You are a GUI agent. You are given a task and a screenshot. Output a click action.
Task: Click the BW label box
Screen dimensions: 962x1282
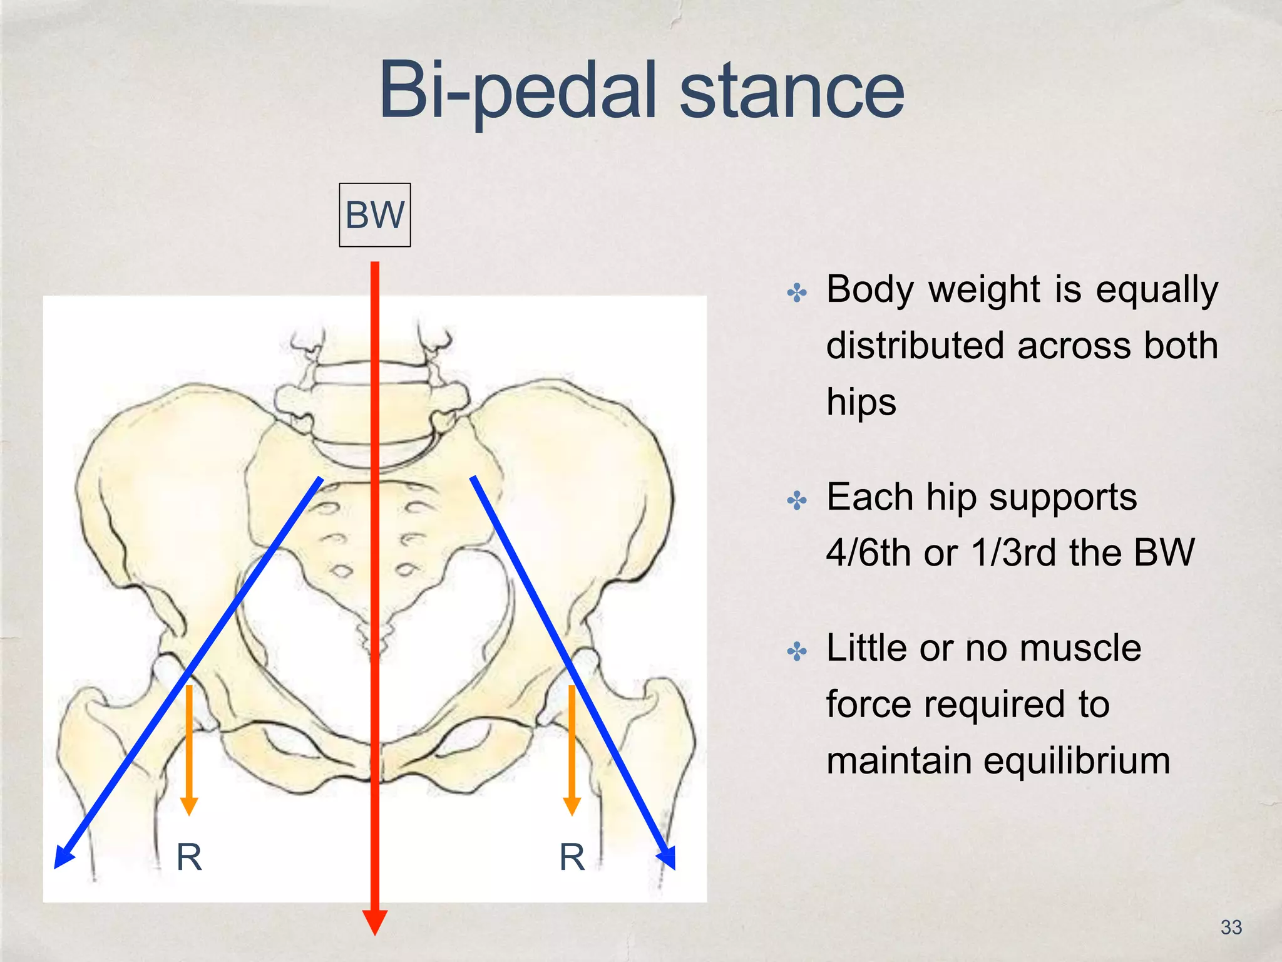[x=374, y=215]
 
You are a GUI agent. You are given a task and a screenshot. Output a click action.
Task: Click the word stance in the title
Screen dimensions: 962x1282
[x=791, y=90]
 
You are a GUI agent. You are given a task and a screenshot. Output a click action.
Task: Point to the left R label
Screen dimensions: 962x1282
[x=189, y=857]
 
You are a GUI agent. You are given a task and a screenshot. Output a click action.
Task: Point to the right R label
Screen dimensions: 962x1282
[x=572, y=857]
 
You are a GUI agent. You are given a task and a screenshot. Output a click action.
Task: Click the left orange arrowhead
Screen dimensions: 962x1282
[x=189, y=805]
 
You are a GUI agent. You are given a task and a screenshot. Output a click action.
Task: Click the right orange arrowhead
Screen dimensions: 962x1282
[x=572, y=805]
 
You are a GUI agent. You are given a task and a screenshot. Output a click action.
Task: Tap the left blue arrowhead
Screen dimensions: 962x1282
[x=64, y=857]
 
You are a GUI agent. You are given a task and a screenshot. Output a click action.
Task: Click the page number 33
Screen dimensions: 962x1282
[x=1231, y=928]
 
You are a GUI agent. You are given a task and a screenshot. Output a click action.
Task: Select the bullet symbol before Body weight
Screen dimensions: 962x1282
[x=797, y=292]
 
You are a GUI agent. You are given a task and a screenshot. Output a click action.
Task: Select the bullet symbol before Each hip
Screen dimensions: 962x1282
[x=797, y=500]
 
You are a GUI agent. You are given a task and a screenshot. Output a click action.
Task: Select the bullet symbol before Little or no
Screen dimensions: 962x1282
[x=797, y=651]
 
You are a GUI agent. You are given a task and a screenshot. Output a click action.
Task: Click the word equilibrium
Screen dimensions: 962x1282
[x=1076, y=761]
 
